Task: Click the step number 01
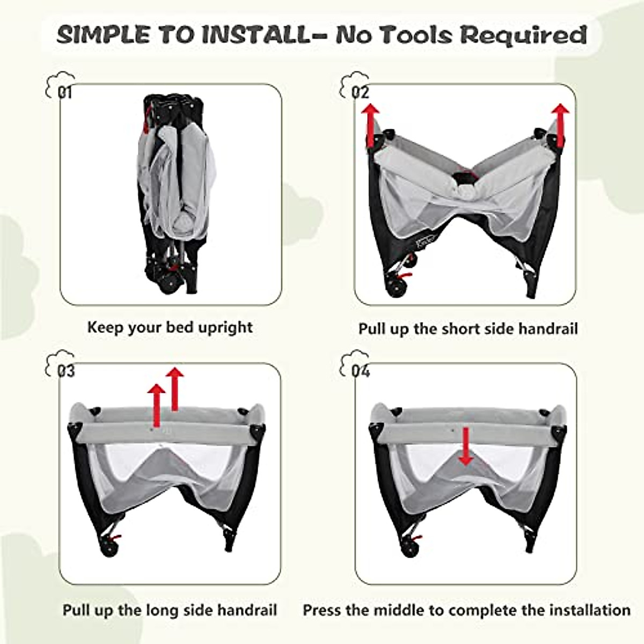64,93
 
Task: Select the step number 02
360,92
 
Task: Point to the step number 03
65,371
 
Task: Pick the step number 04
360,371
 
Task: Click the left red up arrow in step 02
370,125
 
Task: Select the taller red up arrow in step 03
174,389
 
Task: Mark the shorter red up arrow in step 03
156,405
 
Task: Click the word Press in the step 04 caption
322,610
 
